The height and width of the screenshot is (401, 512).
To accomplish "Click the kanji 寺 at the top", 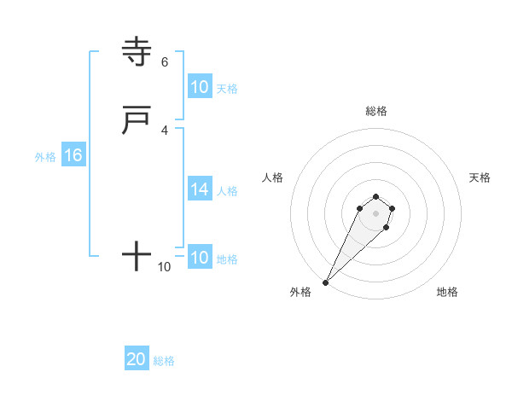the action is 137,52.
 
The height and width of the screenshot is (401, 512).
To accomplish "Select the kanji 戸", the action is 137,121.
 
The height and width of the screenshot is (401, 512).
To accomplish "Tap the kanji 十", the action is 137,256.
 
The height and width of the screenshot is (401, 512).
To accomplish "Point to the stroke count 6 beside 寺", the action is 164,61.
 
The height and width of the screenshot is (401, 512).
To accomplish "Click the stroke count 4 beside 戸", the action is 164,130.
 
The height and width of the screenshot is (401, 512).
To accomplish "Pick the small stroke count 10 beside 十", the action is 164,267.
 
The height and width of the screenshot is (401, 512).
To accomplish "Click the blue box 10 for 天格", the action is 199,87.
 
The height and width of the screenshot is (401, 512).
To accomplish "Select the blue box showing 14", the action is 199,189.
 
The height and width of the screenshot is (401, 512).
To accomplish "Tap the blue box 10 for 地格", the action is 199,258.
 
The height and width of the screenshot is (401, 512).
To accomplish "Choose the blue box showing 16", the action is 73,155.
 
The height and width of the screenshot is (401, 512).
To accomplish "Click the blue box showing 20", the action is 136,359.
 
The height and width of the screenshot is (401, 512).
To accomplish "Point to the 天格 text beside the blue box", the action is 227,88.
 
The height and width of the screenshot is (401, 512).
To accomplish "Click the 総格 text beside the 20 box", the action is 164,361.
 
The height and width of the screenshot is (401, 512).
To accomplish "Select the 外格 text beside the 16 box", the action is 44,157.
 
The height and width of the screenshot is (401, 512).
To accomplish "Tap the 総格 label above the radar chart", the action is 375,111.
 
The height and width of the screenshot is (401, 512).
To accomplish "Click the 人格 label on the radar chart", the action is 272,177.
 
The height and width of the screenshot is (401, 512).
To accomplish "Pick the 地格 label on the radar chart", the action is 447,292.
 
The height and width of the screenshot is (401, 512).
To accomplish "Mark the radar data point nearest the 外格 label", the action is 325,282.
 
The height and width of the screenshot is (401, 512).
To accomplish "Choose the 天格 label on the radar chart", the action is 480,177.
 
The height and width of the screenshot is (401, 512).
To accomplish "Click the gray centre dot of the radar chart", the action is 375,213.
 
